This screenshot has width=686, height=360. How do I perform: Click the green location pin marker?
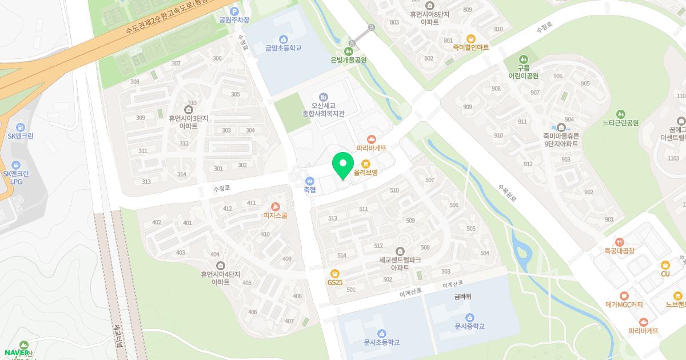343,165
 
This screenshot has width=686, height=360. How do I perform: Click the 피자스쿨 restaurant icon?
276,207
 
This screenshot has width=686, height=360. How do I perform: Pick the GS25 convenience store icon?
335,273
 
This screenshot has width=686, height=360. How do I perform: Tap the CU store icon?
665,265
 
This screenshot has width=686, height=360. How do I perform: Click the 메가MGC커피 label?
624,305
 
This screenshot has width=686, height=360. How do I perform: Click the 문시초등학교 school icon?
381,334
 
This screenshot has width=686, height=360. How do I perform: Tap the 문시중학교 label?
469,326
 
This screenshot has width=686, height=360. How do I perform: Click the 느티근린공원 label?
620,123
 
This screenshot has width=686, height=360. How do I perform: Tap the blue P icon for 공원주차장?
234,11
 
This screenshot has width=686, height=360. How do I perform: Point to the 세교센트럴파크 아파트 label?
400,263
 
